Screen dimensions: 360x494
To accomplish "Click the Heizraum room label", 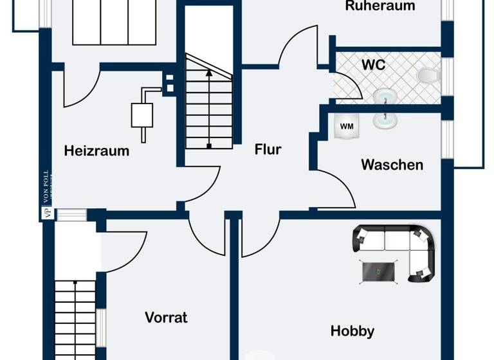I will click(x=96, y=152).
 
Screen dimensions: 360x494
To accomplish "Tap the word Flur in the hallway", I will click(x=268, y=149).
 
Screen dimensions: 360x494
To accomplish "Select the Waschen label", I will click(x=392, y=165).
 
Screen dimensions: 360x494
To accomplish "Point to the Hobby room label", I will click(x=352, y=331).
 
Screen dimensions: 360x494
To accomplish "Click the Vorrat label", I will click(x=166, y=318).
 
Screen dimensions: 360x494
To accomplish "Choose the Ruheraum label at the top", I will click(x=380, y=6).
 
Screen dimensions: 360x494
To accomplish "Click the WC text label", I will click(x=373, y=65).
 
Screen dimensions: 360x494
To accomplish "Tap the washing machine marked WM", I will click(x=346, y=126).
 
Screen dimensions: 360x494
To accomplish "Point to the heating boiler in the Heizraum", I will click(x=142, y=114).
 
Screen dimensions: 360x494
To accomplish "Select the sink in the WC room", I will click(x=385, y=96).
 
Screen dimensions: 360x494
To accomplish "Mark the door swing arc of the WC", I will click(x=347, y=84).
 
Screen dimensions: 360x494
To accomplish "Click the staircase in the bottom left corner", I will click(x=74, y=318).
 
